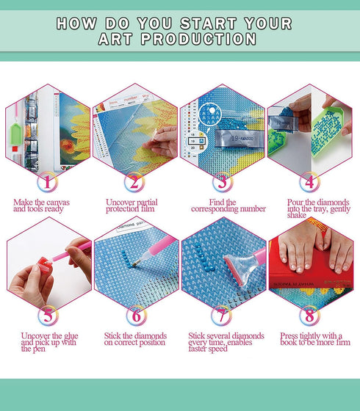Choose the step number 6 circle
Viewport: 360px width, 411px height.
click(135, 316)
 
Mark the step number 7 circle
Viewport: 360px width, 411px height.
click(223, 316)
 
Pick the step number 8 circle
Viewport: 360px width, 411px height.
click(310, 316)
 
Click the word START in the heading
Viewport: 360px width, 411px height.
click(200, 23)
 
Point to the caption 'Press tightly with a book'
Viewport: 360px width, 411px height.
click(310, 340)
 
